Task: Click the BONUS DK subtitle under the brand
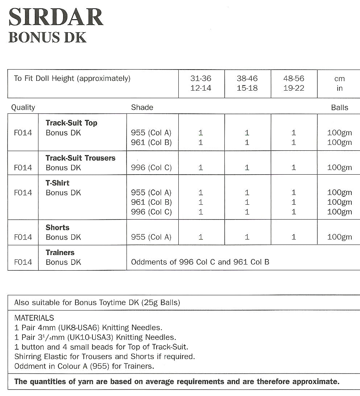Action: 47,37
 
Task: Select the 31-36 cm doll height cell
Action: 201,83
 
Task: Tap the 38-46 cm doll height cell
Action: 247,83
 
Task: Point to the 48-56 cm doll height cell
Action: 293,83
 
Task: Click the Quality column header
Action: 23,108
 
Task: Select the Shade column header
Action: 142,108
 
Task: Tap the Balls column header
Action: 339,108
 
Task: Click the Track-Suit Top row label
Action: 71,123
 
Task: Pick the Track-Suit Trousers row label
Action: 80,158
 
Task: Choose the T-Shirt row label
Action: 57,183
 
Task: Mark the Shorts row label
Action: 57,228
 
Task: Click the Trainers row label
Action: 60,253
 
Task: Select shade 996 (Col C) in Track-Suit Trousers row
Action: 151,168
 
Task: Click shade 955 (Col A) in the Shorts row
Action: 151,237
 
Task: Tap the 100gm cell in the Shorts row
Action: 339,237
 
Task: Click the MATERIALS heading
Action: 34,318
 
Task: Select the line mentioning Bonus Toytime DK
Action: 97,303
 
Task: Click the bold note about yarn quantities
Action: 177,382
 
